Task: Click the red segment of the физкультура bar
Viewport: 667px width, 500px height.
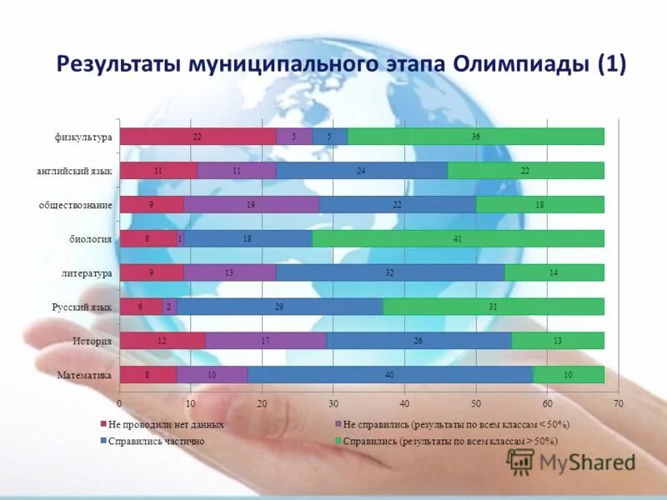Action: [x=198, y=137]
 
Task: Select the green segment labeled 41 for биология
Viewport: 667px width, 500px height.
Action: [x=458, y=238]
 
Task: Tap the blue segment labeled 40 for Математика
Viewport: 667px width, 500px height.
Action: [x=390, y=374]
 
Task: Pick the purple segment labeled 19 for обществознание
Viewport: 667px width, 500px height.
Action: [x=251, y=204]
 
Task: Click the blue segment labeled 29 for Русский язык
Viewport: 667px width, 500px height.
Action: [x=279, y=307]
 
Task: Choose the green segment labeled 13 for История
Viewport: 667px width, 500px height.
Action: [x=558, y=340]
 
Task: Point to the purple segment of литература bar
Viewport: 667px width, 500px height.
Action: [x=230, y=272]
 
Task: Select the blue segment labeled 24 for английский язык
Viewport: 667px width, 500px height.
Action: [x=362, y=170]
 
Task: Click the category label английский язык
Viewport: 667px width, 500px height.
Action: [x=74, y=170]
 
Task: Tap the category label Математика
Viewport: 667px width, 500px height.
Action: [x=84, y=375]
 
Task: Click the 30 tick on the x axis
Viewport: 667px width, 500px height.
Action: [x=333, y=403]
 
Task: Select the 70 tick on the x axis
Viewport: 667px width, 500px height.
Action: [x=618, y=403]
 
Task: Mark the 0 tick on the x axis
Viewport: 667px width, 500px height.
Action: [x=120, y=403]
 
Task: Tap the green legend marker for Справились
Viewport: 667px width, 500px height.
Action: [x=339, y=441]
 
